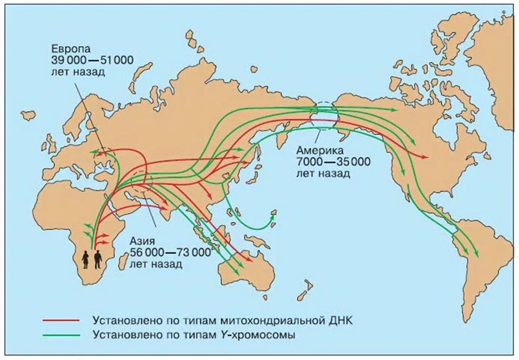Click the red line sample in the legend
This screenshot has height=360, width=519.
62,321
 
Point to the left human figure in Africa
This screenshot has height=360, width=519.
86,260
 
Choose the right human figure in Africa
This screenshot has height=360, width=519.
98,259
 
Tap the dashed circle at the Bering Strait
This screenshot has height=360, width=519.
324,113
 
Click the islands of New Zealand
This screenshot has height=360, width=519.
303,292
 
